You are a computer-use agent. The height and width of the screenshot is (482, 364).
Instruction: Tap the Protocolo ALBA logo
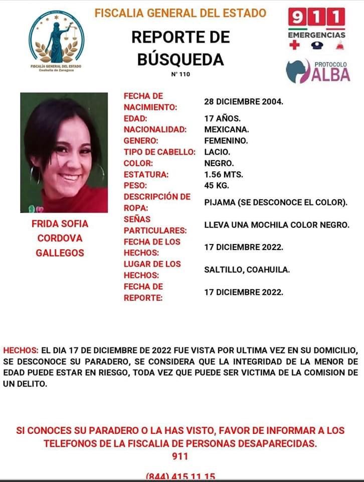click(x=318, y=71)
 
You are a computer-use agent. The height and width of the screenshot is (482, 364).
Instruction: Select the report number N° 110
click(x=180, y=74)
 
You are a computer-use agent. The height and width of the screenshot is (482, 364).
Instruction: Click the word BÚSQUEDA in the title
click(x=180, y=59)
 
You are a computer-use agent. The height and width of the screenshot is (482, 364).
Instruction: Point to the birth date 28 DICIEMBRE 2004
click(x=244, y=101)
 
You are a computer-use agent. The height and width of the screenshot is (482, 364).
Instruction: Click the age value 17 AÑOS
click(x=223, y=119)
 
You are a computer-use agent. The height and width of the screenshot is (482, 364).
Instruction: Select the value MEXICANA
click(x=226, y=130)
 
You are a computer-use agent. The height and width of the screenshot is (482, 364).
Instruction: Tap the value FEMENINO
click(x=226, y=141)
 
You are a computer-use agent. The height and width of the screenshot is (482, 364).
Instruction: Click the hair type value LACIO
click(x=217, y=152)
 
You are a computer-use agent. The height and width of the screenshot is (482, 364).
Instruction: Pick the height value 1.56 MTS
click(x=224, y=175)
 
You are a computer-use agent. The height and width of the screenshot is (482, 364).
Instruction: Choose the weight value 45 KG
click(x=217, y=186)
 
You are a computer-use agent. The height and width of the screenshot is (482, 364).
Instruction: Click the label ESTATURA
click(x=146, y=175)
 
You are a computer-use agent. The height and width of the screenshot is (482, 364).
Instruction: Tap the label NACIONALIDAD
click(x=155, y=130)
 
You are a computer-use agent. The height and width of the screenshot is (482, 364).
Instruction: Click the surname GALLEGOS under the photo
click(x=60, y=253)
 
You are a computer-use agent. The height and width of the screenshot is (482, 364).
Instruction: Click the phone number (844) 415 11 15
click(x=180, y=476)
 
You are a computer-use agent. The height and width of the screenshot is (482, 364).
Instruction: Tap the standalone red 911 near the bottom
click(x=180, y=456)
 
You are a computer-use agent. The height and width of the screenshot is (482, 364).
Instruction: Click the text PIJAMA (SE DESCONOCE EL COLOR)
click(x=276, y=203)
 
